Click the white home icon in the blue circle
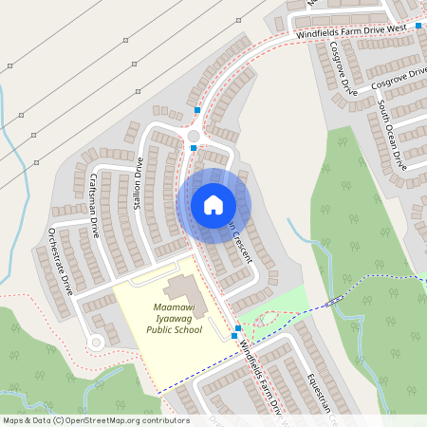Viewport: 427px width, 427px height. coord(213,205)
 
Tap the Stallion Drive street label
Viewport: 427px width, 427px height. coord(139,186)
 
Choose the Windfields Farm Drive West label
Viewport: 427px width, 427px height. coord(351,31)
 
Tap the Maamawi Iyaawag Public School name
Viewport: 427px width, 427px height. coord(173,320)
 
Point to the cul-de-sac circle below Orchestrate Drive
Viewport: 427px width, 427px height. coord(94,343)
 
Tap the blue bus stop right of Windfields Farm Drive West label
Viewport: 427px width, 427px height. coord(418,26)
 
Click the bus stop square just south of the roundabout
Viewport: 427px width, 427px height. coord(193,148)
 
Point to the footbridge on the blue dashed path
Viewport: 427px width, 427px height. coord(333,301)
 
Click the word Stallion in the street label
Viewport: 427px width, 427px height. coord(139,196)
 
